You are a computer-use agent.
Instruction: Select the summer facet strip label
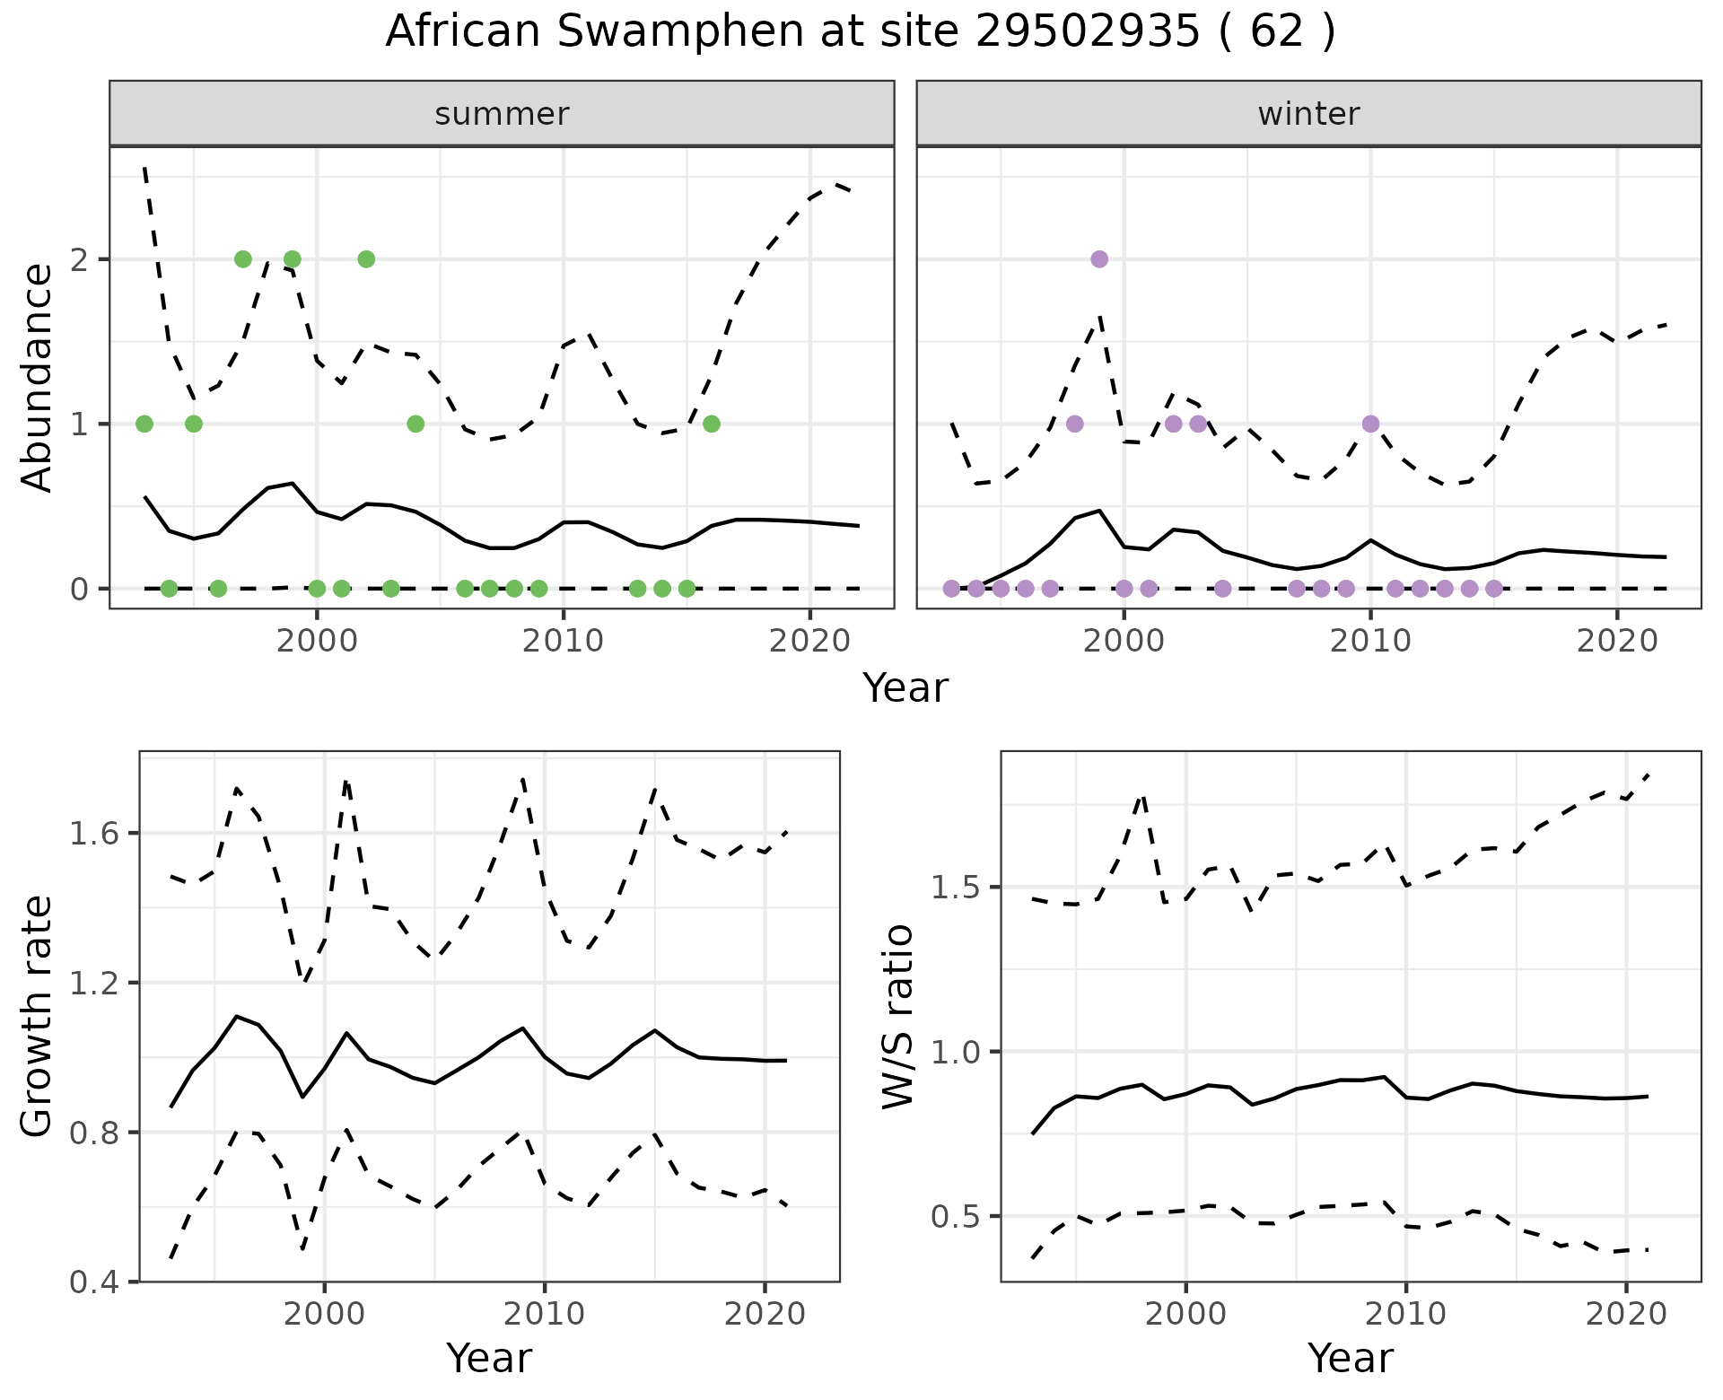[x=502, y=114]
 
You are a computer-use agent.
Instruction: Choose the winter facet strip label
[x=1308, y=114]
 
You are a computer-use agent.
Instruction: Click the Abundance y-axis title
[x=38, y=378]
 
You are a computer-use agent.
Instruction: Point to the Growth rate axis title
[x=38, y=1016]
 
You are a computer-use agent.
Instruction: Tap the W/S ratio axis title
[x=898, y=1016]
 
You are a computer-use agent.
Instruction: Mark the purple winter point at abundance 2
[x=1099, y=259]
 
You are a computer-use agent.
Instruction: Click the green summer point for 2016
[x=712, y=424]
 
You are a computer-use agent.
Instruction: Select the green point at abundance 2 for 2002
[x=366, y=259]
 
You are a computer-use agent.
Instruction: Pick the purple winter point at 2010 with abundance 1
[x=1370, y=424]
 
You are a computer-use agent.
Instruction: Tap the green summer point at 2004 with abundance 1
[x=415, y=424]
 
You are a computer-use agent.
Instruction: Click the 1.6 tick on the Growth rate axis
[x=92, y=834]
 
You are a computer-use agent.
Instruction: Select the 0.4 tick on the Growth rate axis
[x=92, y=1282]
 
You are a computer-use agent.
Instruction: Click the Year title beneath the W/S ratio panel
[x=1350, y=1358]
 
